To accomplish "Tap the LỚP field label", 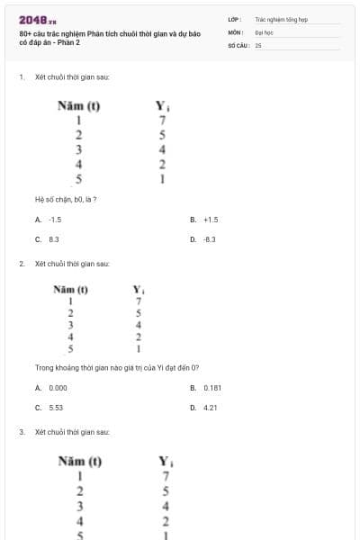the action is [x=234, y=19].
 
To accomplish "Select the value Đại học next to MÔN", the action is [x=264, y=31].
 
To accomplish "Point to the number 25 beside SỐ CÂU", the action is [x=258, y=44].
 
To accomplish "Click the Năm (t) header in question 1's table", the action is [x=78, y=105].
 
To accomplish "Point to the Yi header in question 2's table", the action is [x=139, y=290].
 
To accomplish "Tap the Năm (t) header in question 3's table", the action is [x=79, y=462].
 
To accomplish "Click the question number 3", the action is [x=21, y=432].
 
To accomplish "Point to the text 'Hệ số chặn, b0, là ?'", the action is [x=65, y=199].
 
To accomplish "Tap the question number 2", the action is [x=21, y=265].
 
